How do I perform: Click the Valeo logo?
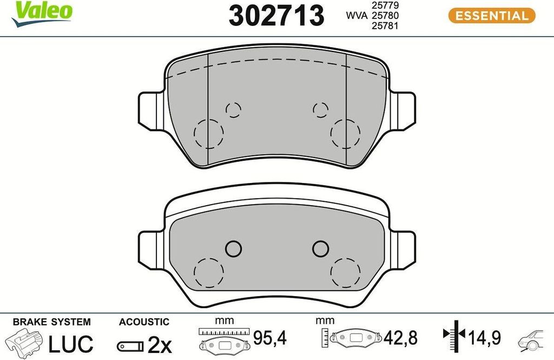pyautogui.click(x=42, y=14)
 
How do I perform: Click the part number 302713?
pyautogui.click(x=276, y=15)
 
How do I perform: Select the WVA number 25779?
pyautogui.click(x=385, y=5)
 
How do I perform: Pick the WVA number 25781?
pyautogui.click(x=385, y=26)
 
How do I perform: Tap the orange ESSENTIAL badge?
pyautogui.click(x=492, y=16)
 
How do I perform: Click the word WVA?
pyautogui.click(x=357, y=16)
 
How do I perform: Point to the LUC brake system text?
pyautogui.click(x=71, y=344)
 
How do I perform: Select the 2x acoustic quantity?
pyautogui.click(x=160, y=345)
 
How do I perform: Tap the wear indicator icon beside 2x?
pyautogui.click(x=130, y=346)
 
